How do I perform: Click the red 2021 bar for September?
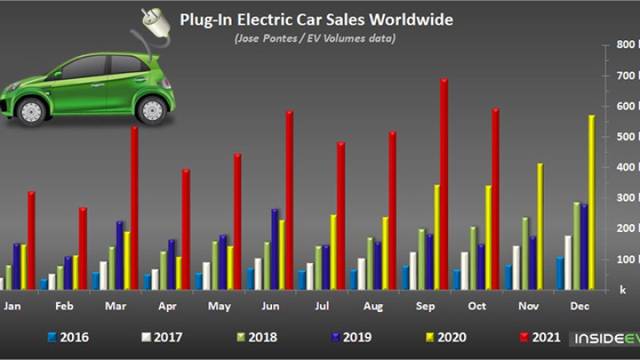(444, 184)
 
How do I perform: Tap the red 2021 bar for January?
(31, 240)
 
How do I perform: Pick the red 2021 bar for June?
(289, 200)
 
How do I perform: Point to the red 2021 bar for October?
(495, 199)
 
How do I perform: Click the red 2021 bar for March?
(134, 208)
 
